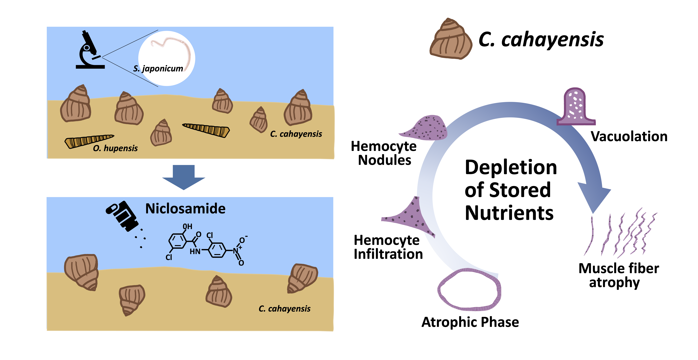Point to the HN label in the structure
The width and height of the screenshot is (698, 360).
[195, 252]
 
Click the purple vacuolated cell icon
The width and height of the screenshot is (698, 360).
[576, 107]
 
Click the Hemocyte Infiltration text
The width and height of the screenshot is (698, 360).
[388, 247]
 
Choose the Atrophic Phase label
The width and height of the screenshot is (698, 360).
[470, 322]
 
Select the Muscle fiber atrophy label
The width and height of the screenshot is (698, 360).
[619, 275]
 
